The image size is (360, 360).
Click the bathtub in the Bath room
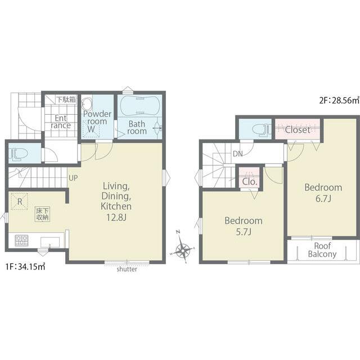pyautogui.click(x=139, y=106)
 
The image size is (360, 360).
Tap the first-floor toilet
pyautogui.click(x=18, y=153)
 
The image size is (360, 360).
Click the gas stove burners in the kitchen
pyautogui.click(x=21, y=241)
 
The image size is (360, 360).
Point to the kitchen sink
pyautogui.click(x=50, y=242)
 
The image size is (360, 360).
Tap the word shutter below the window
pyautogui.click(x=127, y=269)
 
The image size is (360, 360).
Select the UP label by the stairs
pyautogui.click(x=73, y=178)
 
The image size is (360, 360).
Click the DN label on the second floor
pyautogui.click(x=237, y=154)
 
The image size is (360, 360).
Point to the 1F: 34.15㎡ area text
pyautogui.click(x=25, y=267)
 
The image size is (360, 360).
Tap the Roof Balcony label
pyautogui.click(x=322, y=250)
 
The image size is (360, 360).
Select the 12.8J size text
pyautogui.click(x=116, y=217)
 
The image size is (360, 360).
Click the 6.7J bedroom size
pyautogui.click(x=323, y=199)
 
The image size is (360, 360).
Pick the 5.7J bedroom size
pyautogui.click(x=244, y=232)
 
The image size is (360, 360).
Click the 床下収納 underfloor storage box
pyautogui.click(x=42, y=214)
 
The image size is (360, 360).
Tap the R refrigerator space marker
pyautogui.click(x=20, y=201)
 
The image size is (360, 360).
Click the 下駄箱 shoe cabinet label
pyautogui.click(x=66, y=100)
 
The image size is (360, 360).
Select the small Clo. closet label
pyautogui.click(x=250, y=182)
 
